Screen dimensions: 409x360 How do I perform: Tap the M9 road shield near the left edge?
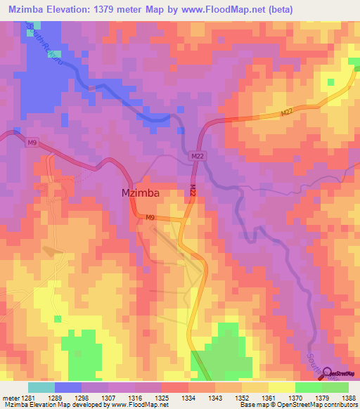(32, 143)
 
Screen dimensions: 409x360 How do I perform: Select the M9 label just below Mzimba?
(150, 219)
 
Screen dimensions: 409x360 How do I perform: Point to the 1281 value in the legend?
(27, 398)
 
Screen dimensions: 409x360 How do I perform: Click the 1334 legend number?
(188, 398)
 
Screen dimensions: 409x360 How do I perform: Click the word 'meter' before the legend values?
(8, 398)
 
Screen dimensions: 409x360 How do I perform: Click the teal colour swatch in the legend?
(41, 387)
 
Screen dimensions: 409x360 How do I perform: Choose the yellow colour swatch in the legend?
(281, 387)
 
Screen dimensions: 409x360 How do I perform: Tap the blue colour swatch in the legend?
(67, 387)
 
